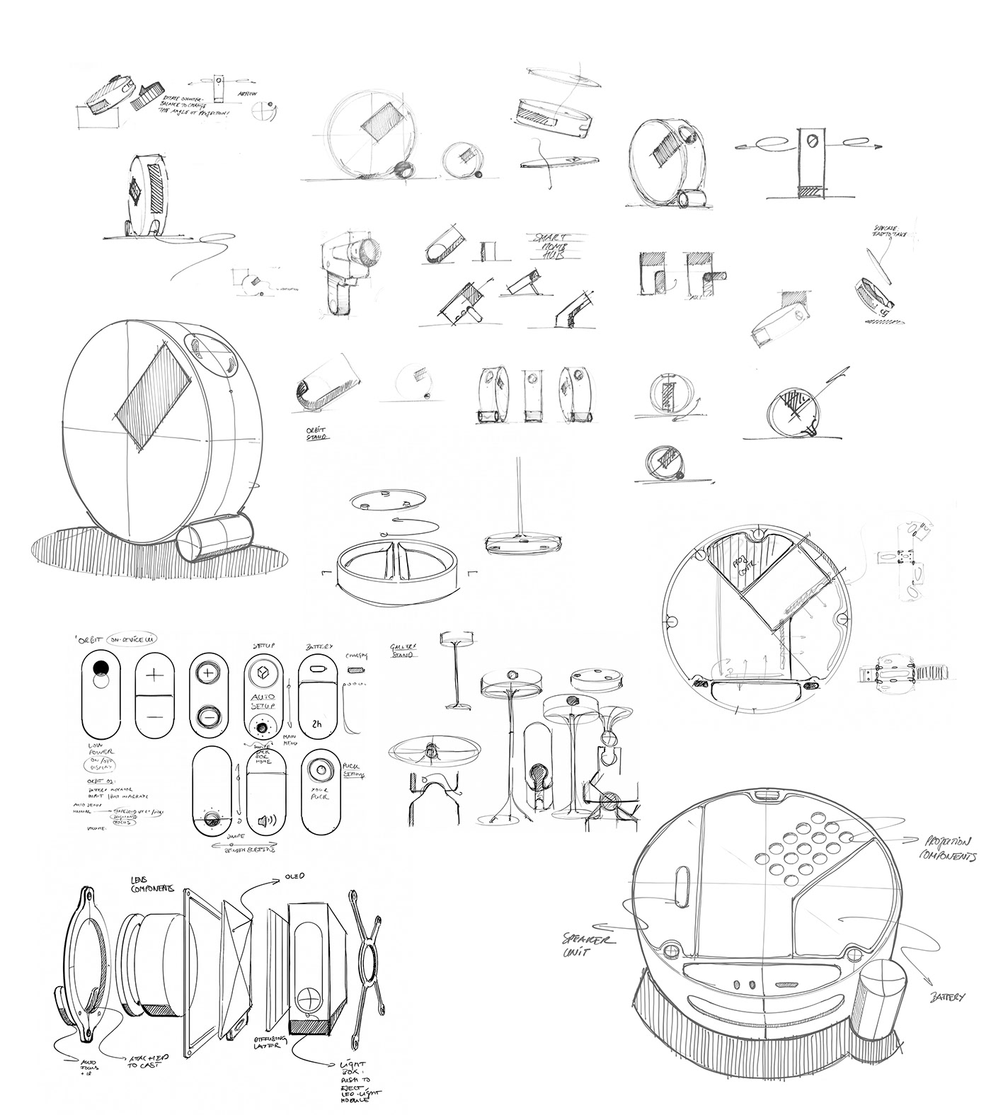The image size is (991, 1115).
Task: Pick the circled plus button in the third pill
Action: pyautogui.click(x=207, y=673)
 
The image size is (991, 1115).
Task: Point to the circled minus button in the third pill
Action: pyautogui.click(x=207, y=717)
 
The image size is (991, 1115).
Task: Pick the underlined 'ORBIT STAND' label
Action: pyautogui.click(x=311, y=432)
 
